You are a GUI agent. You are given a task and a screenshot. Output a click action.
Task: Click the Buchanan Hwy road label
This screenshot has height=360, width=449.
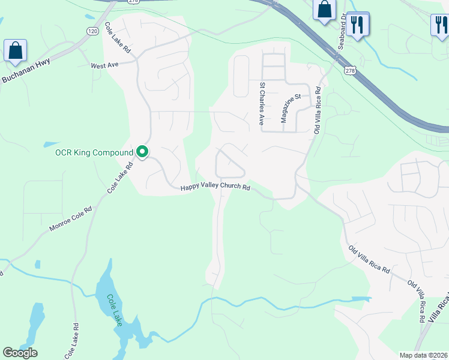click(x=26, y=71)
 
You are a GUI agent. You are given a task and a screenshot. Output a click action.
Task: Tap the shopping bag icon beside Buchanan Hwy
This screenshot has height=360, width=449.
click(x=15, y=50)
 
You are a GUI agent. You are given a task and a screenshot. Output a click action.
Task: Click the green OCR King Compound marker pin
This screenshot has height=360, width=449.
click(x=142, y=152)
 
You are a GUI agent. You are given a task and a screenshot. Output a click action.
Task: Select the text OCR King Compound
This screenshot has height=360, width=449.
click(x=94, y=152)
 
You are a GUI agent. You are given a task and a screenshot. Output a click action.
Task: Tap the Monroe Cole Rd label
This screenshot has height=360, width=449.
click(x=70, y=220)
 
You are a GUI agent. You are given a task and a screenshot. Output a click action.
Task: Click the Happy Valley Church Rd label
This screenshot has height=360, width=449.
click(x=215, y=188)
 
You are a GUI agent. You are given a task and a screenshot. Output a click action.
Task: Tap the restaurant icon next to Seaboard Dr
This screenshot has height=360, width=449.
click(x=358, y=25)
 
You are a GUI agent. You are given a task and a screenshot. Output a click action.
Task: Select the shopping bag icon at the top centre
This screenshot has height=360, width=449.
click(x=324, y=10)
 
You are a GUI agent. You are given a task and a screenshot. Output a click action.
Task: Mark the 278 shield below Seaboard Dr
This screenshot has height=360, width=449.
click(x=349, y=71)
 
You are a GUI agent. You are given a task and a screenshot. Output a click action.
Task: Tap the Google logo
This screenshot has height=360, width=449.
click(x=20, y=353)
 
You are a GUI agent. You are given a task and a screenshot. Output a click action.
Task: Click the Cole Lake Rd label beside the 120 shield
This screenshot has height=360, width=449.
click(x=118, y=38)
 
